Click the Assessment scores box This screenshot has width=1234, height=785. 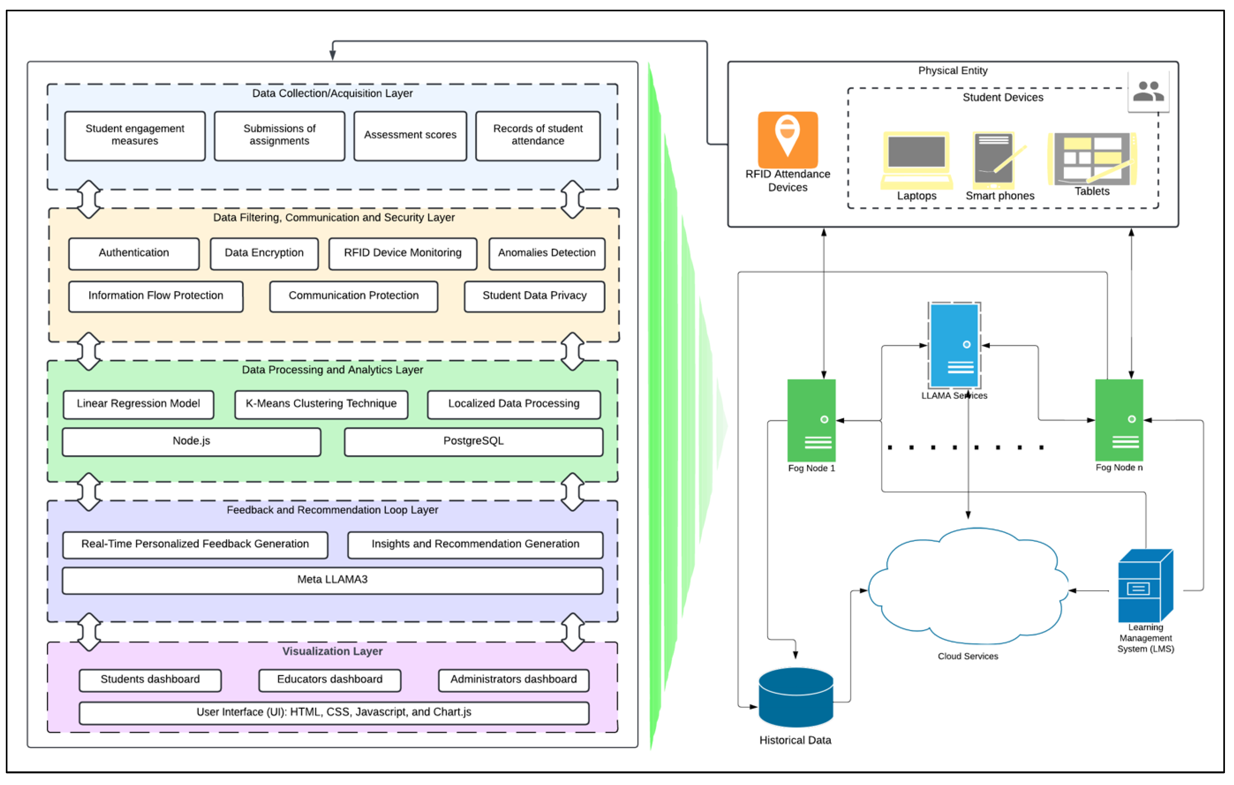(x=410, y=135)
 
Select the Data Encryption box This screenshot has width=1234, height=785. (x=264, y=253)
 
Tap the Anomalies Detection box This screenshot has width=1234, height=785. (x=547, y=253)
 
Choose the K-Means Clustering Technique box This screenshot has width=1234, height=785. (x=321, y=404)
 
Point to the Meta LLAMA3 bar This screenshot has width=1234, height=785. (x=333, y=580)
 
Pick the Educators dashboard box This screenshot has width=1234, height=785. (x=329, y=680)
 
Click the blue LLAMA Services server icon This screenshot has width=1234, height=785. (x=954, y=345)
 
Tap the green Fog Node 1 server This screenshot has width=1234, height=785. (x=811, y=420)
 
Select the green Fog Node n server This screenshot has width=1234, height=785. (x=1119, y=420)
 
